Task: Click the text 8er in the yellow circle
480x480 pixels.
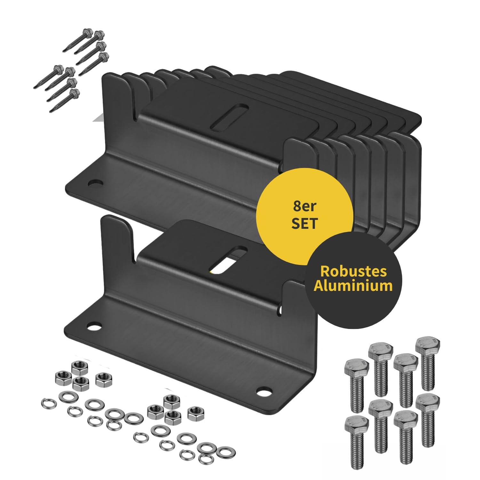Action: (304, 207)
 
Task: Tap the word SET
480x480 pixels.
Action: (304, 223)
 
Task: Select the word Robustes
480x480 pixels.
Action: (353, 271)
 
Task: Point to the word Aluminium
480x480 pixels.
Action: (353, 285)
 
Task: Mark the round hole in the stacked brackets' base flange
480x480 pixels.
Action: (95, 184)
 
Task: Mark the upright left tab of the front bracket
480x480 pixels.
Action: (117, 250)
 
